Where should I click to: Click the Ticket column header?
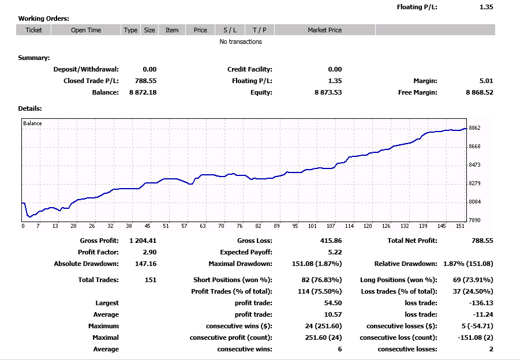pyautogui.click(x=33, y=30)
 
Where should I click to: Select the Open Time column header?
pyautogui.click(x=86, y=30)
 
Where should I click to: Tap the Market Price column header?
pyautogui.click(x=325, y=30)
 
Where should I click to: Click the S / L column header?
pyautogui.click(x=230, y=30)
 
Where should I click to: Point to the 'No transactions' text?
pyautogui.click(x=241, y=42)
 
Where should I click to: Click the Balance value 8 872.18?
pyautogui.click(x=143, y=92)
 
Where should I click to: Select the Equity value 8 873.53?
pyautogui.click(x=328, y=92)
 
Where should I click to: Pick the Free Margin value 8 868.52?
pyautogui.click(x=480, y=92)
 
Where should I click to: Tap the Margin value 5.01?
pyautogui.click(x=486, y=81)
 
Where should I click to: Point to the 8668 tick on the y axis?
pyautogui.click(x=474, y=146)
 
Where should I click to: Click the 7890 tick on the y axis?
pyautogui.click(x=474, y=220)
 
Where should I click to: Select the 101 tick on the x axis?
pyautogui.click(x=312, y=226)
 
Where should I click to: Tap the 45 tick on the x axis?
pyautogui.click(x=147, y=226)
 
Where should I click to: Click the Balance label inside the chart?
pyautogui.click(x=32, y=123)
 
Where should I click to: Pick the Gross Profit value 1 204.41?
pyautogui.click(x=143, y=241)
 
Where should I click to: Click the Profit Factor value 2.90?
pyautogui.click(x=149, y=252)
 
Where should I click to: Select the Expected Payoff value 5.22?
pyautogui.click(x=335, y=252)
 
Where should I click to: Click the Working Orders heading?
pyautogui.click(x=43, y=18)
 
